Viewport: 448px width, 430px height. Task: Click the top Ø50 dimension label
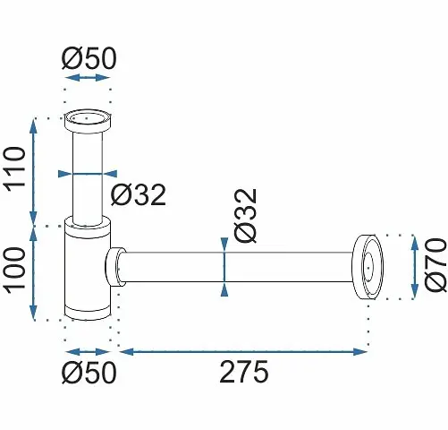(89, 58)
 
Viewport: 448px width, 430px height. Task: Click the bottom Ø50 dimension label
(89, 372)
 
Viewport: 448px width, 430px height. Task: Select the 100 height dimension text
(14, 271)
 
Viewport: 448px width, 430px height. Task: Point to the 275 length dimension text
(244, 372)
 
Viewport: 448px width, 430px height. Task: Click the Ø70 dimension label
(435, 264)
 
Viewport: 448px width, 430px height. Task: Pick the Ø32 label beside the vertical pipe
(139, 194)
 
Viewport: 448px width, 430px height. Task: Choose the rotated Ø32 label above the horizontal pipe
(245, 216)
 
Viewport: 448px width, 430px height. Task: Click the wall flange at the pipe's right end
(368, 267)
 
